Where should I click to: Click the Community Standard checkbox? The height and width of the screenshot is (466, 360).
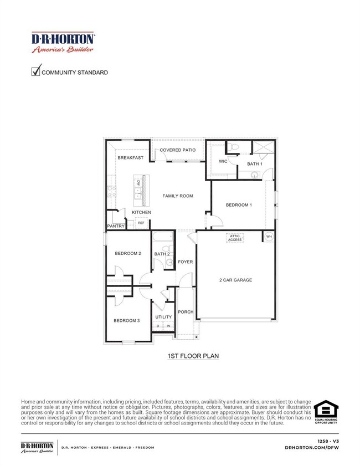36,70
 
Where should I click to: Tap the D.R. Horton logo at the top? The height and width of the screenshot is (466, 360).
63,42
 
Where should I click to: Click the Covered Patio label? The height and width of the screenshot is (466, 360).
177,150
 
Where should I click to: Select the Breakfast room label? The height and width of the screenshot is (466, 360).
130,158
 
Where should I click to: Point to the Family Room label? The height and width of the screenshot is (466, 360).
177,196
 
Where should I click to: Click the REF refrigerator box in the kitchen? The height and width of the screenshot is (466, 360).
141,223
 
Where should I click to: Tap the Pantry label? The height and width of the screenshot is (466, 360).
115,226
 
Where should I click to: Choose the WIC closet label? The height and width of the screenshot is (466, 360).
223,162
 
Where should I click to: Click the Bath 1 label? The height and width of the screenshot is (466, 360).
255,164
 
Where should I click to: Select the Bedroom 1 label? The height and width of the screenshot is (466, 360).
239,205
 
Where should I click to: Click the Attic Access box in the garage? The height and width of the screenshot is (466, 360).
235,238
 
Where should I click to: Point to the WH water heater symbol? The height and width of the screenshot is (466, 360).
269,237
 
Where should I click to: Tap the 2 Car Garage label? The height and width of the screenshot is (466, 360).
235,280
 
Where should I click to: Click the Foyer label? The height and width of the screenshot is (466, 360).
186,262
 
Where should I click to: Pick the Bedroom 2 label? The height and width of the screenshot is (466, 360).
128,254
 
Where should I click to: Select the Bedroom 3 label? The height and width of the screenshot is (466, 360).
127,321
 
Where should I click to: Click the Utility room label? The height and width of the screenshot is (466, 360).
163,317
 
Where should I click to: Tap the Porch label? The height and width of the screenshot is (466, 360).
186,312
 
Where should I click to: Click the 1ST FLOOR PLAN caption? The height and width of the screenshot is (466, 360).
188,357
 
